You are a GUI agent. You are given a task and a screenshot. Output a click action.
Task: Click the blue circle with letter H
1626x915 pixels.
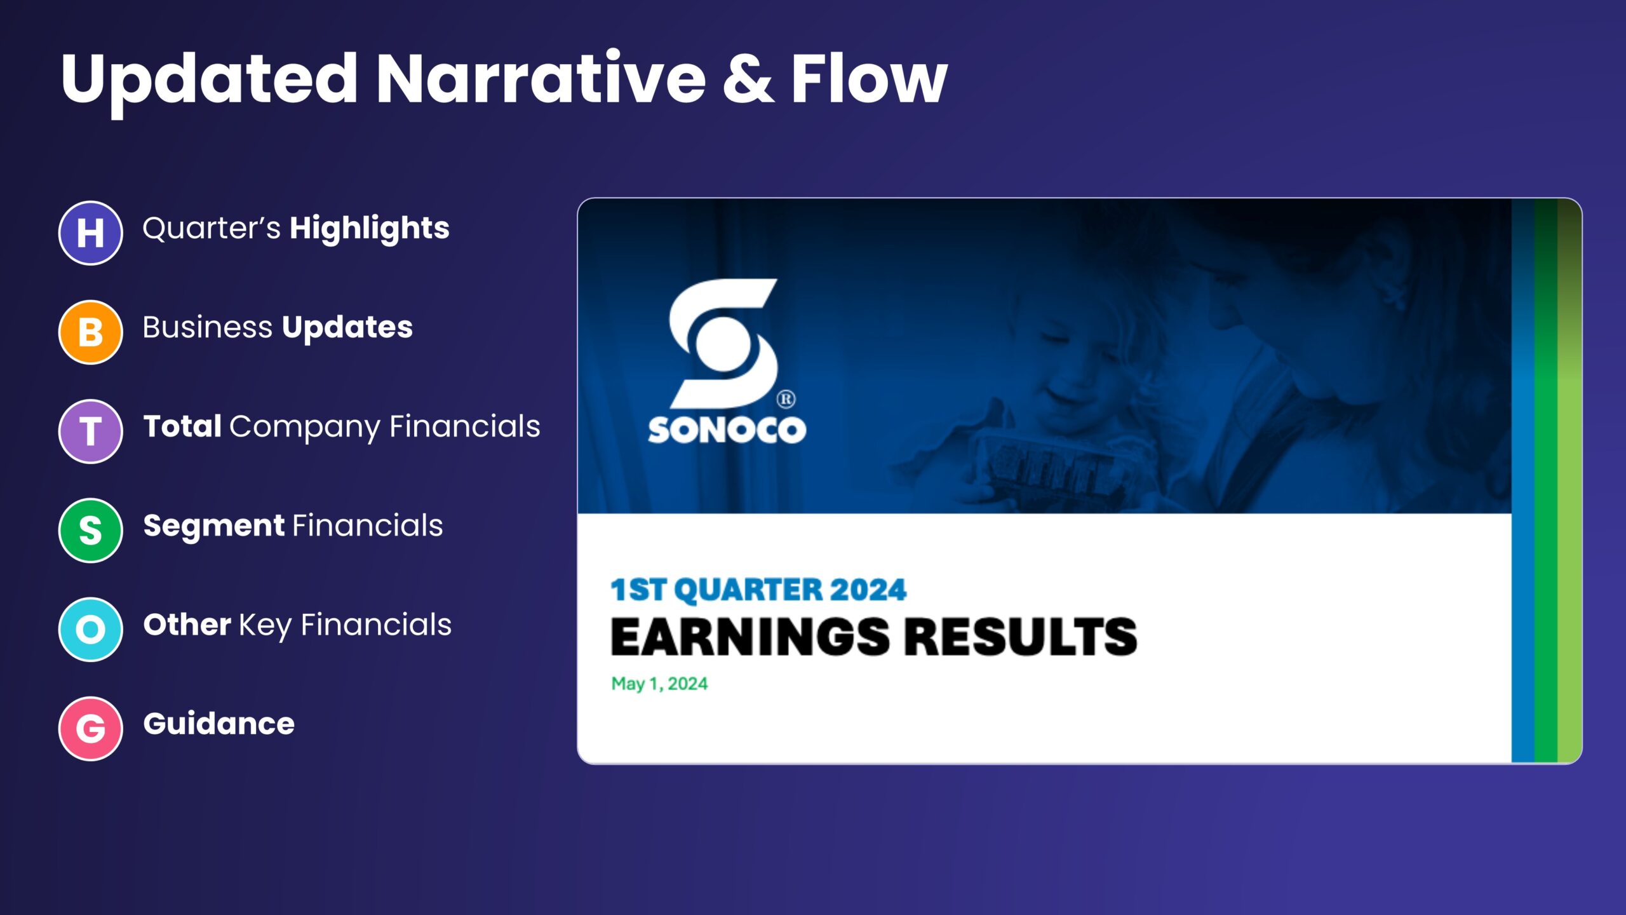point(91,233)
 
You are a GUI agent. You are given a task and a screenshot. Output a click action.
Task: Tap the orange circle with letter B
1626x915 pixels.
point(91,332)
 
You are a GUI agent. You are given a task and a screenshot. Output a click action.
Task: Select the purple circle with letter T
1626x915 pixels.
point(91,431)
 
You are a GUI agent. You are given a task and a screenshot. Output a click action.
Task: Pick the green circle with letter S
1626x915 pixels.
point(91,530)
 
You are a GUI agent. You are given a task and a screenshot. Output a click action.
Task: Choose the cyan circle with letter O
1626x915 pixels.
point(91,629)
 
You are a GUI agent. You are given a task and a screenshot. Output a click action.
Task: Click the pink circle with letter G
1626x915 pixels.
point(91,728)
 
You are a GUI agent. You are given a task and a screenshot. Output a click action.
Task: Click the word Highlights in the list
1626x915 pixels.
point(370,229)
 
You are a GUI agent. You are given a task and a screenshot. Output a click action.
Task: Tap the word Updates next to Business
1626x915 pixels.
point(347,329)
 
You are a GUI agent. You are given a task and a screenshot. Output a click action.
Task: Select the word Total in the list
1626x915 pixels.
point(182,426)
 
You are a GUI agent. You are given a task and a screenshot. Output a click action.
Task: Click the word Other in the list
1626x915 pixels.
point(187,624)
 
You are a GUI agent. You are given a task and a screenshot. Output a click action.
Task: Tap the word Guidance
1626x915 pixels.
point(219,723)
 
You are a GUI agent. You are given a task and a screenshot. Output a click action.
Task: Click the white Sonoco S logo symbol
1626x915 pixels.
point(723,343)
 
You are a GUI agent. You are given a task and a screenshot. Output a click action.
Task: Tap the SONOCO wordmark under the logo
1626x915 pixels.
point(727,430)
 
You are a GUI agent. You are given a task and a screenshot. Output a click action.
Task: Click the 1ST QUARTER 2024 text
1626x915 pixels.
point(758,589)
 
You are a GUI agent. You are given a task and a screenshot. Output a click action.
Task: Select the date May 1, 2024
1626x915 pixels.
point(659,684)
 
